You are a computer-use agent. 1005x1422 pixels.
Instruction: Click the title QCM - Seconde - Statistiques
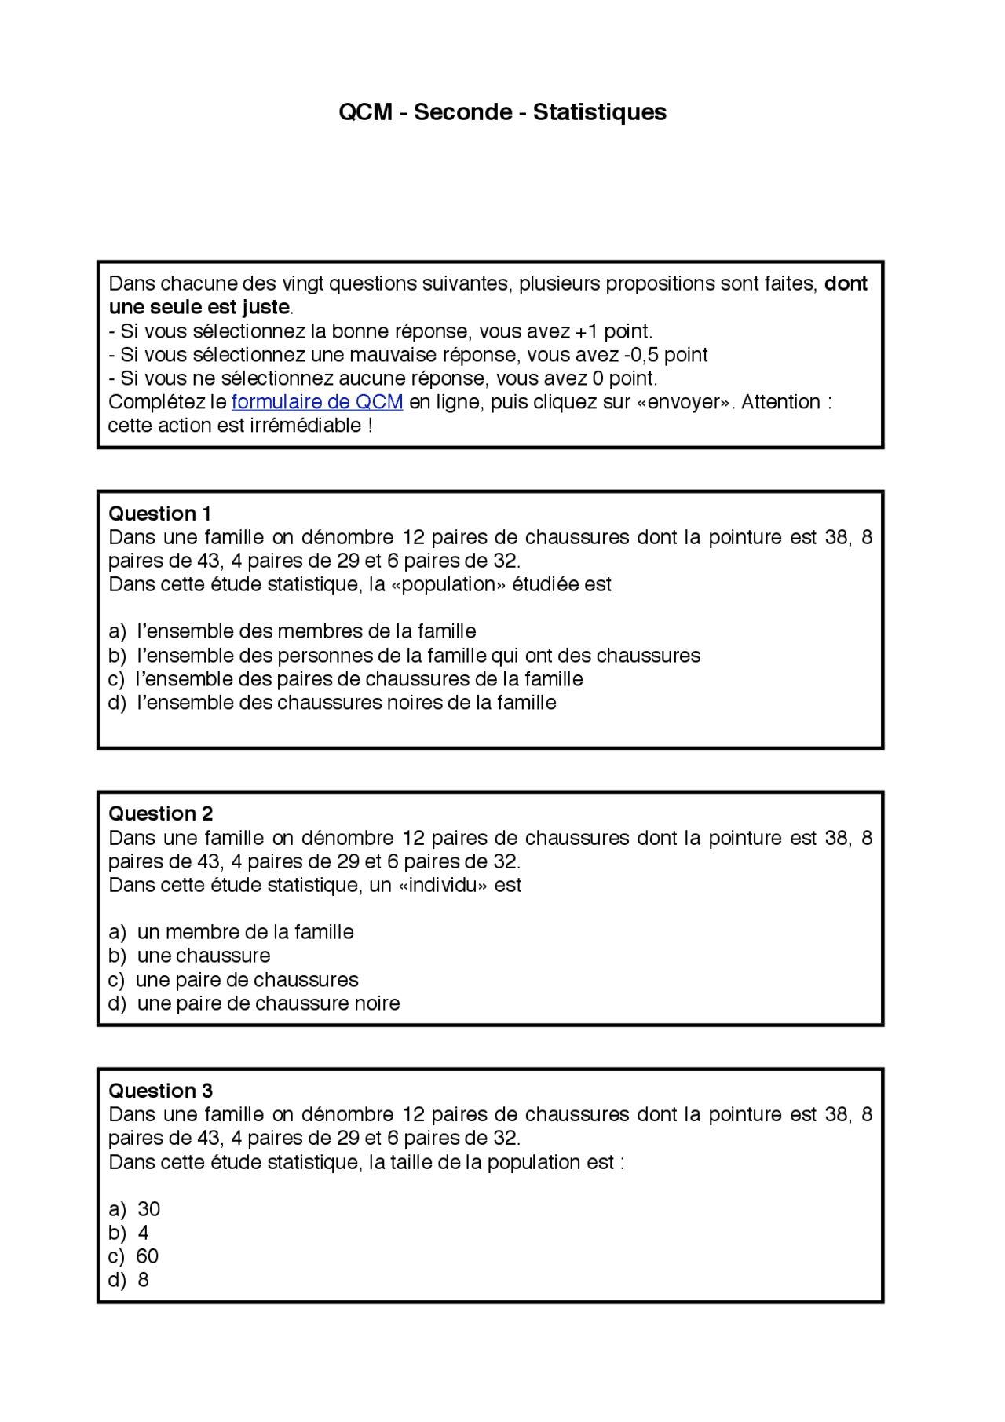pos(502,112)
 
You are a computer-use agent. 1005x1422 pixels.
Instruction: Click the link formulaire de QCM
pos(317,402)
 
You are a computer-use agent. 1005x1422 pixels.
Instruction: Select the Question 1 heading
pos(159,514)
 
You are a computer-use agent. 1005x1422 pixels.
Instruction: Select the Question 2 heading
pos(160,813)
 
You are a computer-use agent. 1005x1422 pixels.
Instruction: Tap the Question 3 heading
pos(160,1091)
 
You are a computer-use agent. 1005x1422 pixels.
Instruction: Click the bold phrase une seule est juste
pos(199,307)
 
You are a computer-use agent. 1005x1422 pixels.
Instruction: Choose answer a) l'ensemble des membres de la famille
pos(292,631)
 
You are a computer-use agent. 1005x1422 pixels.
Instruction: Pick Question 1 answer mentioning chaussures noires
pos(332,703)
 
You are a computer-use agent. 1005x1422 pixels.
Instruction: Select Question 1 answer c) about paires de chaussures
pos(345,679)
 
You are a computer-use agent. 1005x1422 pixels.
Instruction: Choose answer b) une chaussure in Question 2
pos(189,956)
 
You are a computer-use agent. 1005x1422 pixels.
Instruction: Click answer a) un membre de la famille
pos(231,932)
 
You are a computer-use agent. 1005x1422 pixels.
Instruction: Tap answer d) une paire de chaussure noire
pos(254,1003)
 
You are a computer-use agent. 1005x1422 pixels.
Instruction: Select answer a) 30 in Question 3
pos(134,1209)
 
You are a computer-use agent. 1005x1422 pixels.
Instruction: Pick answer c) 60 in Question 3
pos(133,1256)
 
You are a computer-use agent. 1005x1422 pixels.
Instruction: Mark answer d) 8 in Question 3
pos(129,1280)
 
